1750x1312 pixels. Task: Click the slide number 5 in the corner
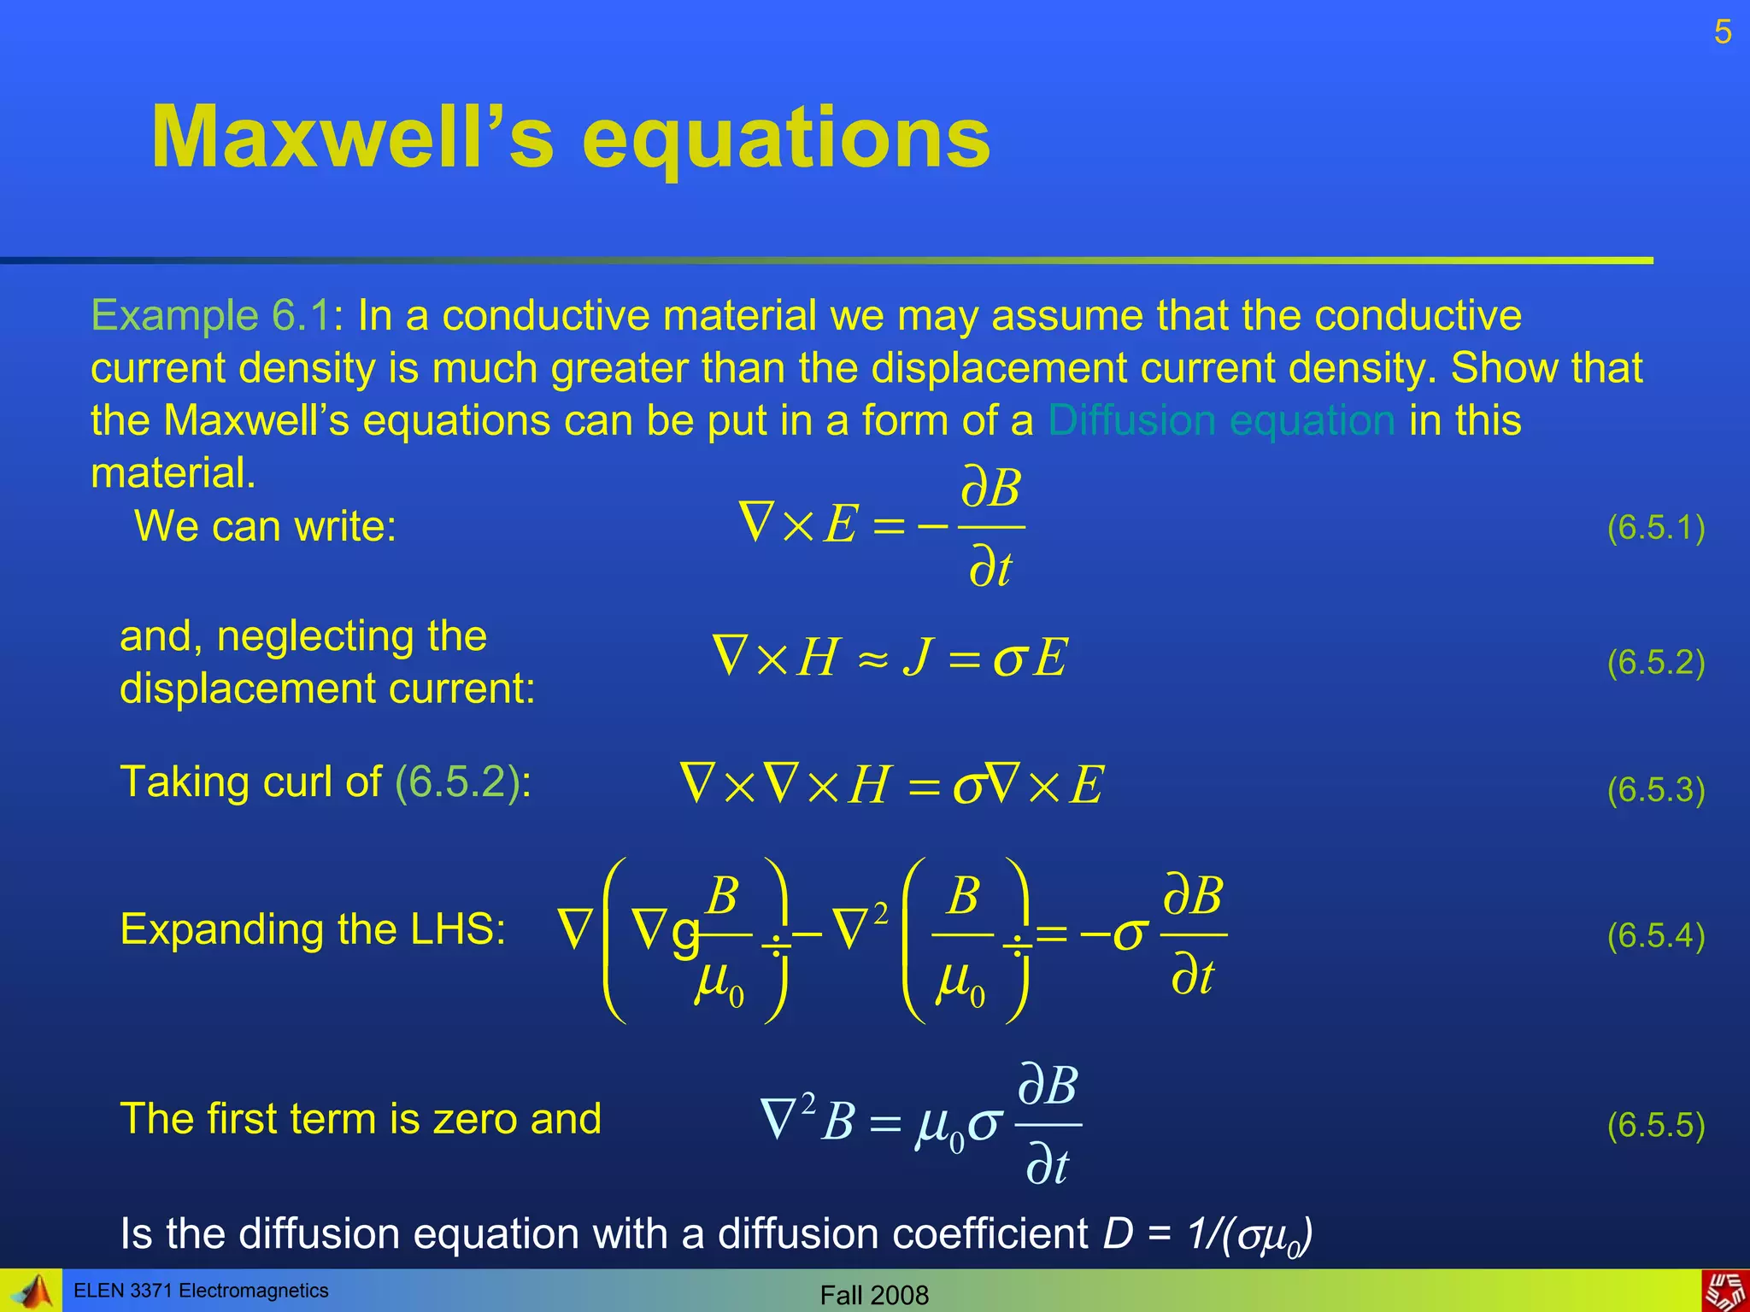(x=1723, y=33)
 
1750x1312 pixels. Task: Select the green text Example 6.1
(x=210, y=315)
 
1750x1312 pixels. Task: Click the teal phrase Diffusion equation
(x=1222, y=420)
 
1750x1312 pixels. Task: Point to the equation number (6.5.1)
(x=1656, y=528)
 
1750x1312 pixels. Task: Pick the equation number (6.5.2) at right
(x=1656, y=662)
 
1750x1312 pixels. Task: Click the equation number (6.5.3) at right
(x=1656, y=790)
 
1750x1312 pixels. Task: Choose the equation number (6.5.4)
(x=1656, y=936)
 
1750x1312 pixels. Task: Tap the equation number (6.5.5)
(x=1656, y=1125)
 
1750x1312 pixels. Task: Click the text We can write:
(x=266, y=526)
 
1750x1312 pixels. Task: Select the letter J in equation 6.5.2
(x=916, y=658)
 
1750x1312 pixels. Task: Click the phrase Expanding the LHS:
(x=313, y=929)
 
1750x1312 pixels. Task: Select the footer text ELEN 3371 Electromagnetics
(x=201, y=1291)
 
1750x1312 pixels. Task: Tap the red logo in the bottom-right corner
(x=1725, y=1291)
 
